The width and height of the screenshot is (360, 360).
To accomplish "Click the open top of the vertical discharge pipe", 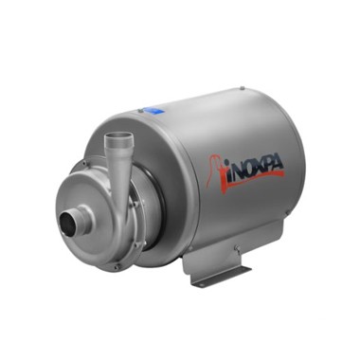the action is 118,135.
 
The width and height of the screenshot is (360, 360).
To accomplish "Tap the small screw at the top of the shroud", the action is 242,88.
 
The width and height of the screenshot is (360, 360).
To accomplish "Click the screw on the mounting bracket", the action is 236,249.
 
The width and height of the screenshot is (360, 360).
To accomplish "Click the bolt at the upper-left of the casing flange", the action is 84,163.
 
